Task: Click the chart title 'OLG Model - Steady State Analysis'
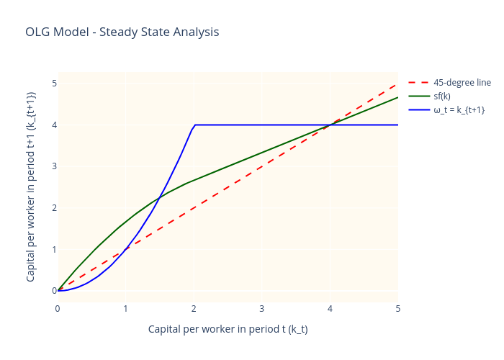tap(122, 32)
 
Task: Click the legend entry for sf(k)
tap(441, 96)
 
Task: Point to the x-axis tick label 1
tap(126, 309)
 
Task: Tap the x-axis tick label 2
tap(194, 309)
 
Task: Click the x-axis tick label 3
tap(262, 309)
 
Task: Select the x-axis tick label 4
tap(330, 309)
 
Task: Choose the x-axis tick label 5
tap(397, 309)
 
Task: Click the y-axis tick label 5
tap(53, 84)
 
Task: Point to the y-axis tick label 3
tap(53, 166)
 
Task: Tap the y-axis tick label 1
tap(53, 250)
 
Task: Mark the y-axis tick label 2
tap(53, 208)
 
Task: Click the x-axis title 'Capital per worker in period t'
tap(228, 329)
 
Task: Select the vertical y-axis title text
tap(31, 186)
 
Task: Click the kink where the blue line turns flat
tap(194, 125)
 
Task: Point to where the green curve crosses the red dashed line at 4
tap(330, 125)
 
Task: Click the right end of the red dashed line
tap(397, 84)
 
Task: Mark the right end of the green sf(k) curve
tap(397, 97)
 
